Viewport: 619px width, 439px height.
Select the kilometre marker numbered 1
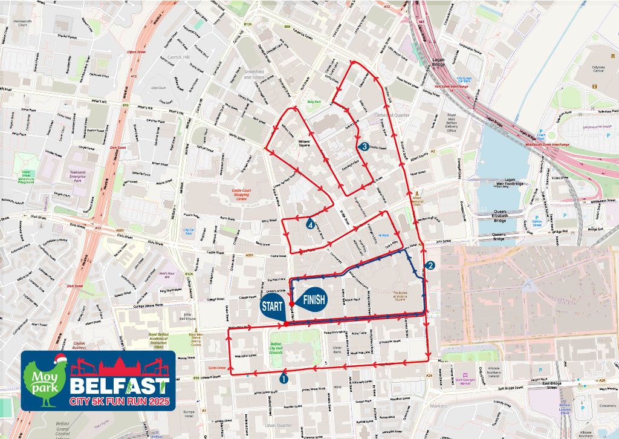coord(284,379)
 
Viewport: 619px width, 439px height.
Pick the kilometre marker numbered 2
coord(430,265)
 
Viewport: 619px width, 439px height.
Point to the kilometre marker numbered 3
coord(364,146)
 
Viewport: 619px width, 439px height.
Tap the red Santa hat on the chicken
coord(58,360)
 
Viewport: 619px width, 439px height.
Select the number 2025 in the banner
coord(155,402)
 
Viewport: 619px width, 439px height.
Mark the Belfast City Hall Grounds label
coord(284,349)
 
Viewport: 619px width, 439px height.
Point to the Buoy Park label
coord(313,102)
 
